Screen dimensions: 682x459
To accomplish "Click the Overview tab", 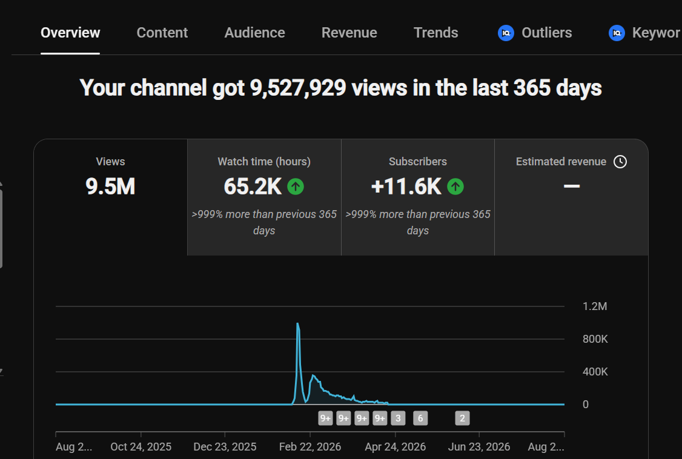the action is (70, 33).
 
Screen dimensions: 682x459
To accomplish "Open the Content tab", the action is (162, 33).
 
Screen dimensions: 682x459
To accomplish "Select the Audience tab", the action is (254, 33).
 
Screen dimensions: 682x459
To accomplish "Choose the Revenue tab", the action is (349, 33).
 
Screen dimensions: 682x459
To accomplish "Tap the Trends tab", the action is (436, 33).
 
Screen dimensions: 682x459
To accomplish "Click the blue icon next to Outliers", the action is (506, 33).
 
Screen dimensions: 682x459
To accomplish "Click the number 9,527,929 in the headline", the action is (298, 88).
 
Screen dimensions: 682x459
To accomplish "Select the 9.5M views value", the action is (110, 187).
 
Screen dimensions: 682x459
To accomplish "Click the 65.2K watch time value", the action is (253, 187).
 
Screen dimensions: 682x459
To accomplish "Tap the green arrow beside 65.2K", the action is (296, 187).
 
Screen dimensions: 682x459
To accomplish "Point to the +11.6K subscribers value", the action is (406, 187).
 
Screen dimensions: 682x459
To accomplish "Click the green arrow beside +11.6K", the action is (455, 187).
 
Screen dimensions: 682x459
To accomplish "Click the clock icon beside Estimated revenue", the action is (620, 162).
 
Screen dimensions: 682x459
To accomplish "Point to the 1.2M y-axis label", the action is (595, 306).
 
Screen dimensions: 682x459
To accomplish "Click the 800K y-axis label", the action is (595, 339).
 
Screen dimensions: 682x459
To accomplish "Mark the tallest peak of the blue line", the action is (297, 323).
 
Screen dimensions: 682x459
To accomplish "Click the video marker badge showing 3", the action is (398, 418).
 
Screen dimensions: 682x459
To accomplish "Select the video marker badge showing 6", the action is (420, 418).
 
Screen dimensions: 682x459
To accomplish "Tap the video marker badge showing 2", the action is (462, 418).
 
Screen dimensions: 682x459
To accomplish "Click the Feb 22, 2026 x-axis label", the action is (310, 447).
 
